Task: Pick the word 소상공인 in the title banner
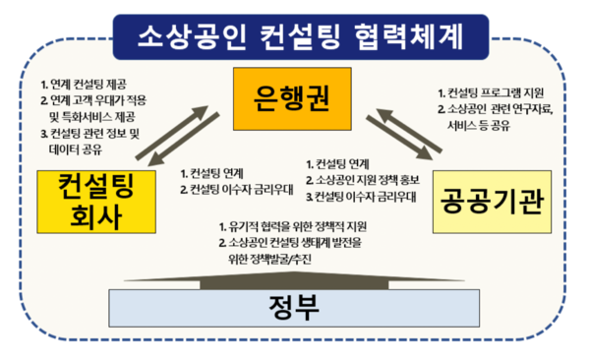click(189, 35)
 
